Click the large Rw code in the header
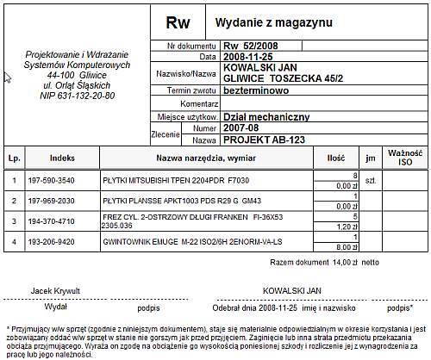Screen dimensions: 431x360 (x=178, y=22)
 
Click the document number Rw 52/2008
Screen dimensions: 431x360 (x=251, y=46)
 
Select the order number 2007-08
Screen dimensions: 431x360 (x=240, y=127)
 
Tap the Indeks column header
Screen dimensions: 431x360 (x=63, y=158)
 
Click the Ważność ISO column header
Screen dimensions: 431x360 (x=404, y=158)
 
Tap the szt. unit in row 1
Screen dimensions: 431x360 (x=372, y=182)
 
